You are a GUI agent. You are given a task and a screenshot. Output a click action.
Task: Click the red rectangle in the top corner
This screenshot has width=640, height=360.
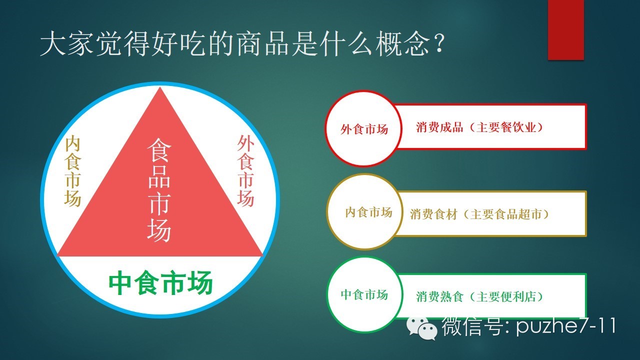pos(565,29)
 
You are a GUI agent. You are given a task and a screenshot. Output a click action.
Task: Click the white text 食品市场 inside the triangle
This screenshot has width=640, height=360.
pos(159,189)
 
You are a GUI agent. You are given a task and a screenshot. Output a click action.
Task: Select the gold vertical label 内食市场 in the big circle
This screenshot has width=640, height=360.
pos(72,171)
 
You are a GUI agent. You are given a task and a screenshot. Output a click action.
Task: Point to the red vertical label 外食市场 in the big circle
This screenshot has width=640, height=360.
pos(245,171)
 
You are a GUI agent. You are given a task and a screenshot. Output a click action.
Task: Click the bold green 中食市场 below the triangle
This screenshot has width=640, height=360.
pos(161,283)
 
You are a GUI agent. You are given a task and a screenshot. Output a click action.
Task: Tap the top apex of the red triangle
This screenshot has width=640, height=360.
pos(160,87)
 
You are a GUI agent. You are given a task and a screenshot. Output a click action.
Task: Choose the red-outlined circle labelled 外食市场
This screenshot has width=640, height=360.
pos(363,128)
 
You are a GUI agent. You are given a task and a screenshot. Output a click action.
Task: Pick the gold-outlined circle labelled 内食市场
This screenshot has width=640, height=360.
pos(364,211)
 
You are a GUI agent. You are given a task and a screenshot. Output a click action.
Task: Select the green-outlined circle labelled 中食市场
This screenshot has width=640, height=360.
pos(364,294)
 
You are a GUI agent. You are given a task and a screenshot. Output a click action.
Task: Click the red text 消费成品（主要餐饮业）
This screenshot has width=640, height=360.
pos(479,127)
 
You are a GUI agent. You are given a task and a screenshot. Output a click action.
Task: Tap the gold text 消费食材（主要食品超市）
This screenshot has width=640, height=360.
pos(479,214)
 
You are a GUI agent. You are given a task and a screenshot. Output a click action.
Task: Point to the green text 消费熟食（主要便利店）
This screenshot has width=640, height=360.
pos(479,296)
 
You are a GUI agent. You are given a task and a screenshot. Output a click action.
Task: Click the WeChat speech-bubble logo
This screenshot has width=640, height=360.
pos(421,328)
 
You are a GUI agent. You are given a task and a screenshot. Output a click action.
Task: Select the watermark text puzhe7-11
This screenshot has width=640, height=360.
pos(565,326)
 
